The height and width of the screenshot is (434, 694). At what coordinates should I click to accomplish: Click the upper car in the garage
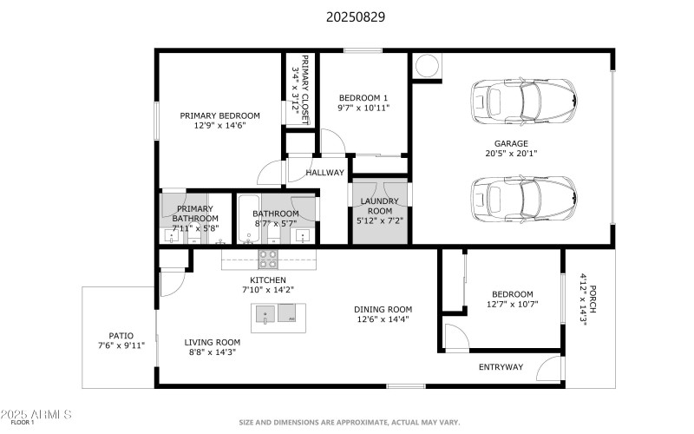(523, 101)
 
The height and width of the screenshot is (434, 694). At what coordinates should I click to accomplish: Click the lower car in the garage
(523, 200)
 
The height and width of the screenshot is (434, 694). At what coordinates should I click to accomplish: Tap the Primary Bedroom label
(219, 115)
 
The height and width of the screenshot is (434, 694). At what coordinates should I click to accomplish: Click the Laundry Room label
(378, 206)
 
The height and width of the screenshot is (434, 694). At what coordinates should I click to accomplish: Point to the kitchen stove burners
(268, 259)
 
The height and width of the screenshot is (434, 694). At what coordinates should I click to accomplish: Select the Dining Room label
(383, 309)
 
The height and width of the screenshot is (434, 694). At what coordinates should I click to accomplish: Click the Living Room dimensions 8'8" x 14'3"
(213, 352)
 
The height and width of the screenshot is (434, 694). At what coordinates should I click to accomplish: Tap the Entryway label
(501, 367)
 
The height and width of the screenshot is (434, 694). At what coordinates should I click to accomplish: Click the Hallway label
(324, 173)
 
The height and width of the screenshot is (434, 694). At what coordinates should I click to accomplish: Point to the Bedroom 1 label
(363, 97)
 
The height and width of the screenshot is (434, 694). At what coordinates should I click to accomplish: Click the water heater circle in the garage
(428, 66)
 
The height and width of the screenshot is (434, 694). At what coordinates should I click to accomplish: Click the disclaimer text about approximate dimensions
(350, 424)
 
